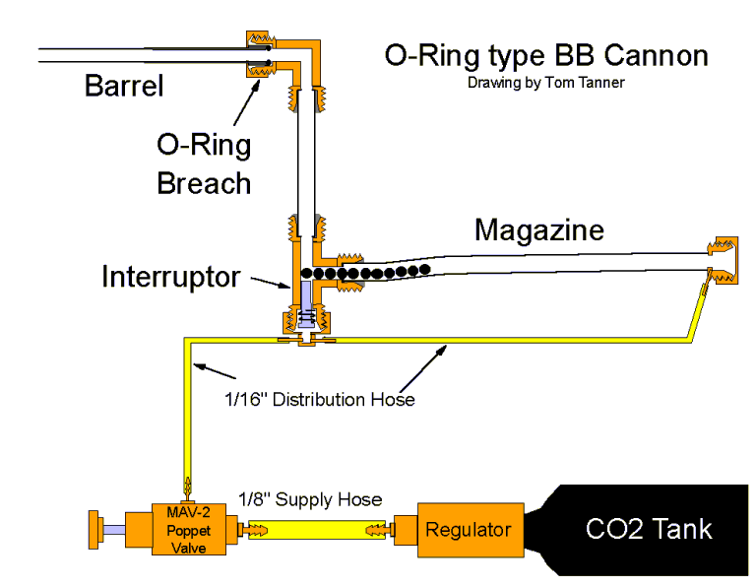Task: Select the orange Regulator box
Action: click(467, 530)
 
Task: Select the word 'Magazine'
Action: click(538, 229)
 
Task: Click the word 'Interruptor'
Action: click(170, 277)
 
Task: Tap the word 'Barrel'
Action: click(124, 86)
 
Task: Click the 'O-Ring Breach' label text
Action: click(204, 163)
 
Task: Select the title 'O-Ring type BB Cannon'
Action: click(545, 55)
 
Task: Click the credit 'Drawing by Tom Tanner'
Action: click(545, 83)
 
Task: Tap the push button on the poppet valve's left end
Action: click(96, 530)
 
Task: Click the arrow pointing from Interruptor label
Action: click(268, 284)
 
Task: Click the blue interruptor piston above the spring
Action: click(304, 294)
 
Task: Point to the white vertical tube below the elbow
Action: click(304, 148)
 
